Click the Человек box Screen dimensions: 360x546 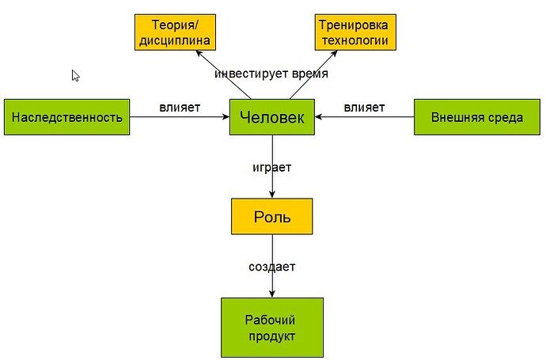272,118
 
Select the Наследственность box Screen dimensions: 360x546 67,118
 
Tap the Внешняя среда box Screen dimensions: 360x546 477,118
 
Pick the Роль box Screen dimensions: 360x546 272,216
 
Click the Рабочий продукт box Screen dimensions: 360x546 272,328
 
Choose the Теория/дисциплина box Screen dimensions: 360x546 176,32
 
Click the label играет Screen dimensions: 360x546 272,168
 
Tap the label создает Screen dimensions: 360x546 272,267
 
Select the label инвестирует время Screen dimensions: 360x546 271,74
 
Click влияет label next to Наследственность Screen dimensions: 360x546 180,107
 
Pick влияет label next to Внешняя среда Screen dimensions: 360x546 364,107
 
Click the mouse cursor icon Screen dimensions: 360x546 75,75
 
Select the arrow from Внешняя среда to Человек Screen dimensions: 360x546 365,118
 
